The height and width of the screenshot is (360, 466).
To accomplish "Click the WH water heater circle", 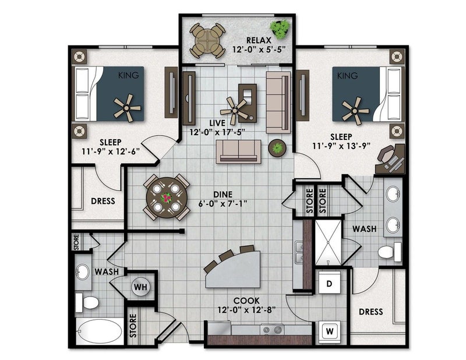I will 140,287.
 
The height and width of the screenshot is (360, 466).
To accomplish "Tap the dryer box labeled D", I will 330,284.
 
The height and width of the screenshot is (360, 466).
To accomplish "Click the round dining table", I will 167,197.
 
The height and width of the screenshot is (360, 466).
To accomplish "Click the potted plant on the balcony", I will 281,28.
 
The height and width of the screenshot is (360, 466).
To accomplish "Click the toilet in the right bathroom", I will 389,252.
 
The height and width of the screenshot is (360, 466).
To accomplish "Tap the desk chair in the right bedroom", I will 387,154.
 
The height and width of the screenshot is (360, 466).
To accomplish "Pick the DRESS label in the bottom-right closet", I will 370,312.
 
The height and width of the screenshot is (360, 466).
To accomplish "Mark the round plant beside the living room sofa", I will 277,147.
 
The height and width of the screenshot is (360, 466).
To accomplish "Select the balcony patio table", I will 207,40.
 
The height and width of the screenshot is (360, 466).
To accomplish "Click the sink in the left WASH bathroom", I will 83,272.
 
